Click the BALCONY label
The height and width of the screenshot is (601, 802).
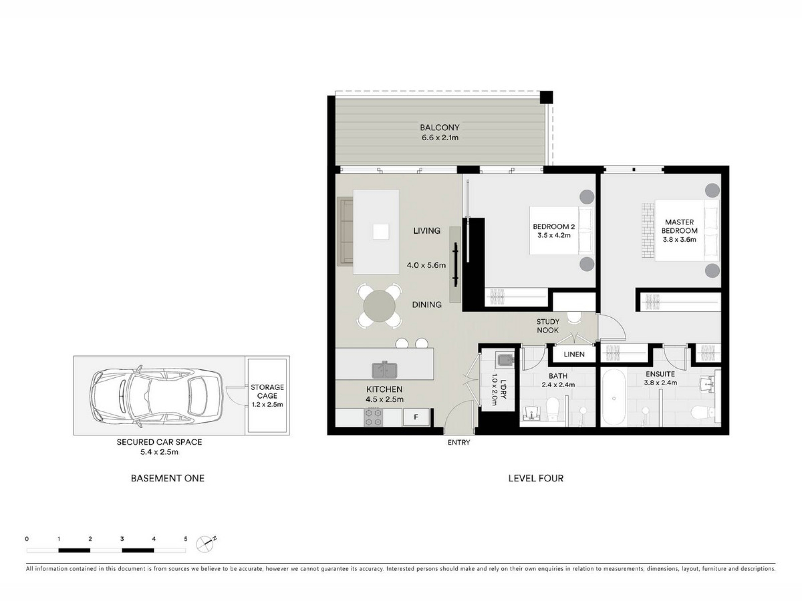tap(439, 127)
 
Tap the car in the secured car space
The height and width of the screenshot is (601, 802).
tap(157, 396)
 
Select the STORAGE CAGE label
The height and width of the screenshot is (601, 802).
tap(267, 391)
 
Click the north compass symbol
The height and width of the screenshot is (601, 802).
tap(206, 543)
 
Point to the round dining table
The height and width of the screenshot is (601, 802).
tap(379, 306)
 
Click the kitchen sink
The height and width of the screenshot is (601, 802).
tap(384, 369)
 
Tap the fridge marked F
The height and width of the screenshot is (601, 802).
tap(416, 417)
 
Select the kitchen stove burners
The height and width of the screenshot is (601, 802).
tap(374, 417)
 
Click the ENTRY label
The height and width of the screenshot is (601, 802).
tap(459, 442)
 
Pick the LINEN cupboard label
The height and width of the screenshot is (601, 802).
tap(574, 354)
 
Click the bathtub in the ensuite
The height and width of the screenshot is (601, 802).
tap(614, 398)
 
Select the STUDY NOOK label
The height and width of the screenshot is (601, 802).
tap(548, 326)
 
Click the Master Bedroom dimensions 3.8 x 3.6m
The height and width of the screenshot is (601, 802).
tap(679, 240)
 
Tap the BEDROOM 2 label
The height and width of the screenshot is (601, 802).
tap(553, 227)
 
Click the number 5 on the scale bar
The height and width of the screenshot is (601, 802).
tap(186, 539)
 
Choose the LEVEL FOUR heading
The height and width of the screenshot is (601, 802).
tap(536, 478)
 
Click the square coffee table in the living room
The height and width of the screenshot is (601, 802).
tap(381, 232)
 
